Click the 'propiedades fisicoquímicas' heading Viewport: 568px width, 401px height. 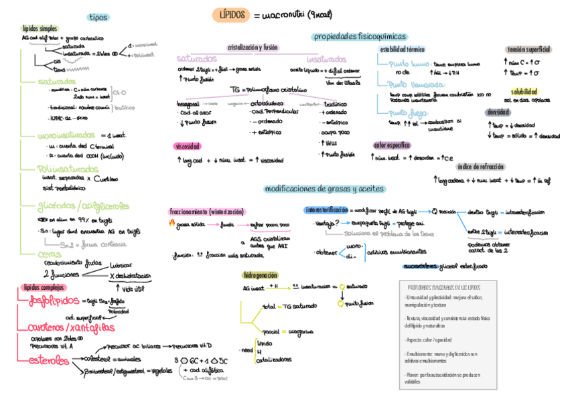coord(360,36)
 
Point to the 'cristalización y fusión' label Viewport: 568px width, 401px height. coord(253,48)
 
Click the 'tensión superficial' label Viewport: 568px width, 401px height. coord(528,50)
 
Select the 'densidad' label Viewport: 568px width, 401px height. coord(516,112)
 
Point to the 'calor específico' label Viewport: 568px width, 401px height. coord(392,145)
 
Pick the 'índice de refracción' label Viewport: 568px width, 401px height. coord(481,167)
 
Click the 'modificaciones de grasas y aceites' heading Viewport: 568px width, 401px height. coord(324,189)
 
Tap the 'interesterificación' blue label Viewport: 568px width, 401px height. coord(326,210)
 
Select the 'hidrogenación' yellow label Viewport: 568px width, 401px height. coord(261,274)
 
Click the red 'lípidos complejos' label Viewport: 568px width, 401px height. coord(40,287)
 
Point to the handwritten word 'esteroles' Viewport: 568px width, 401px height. coord(48,361)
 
